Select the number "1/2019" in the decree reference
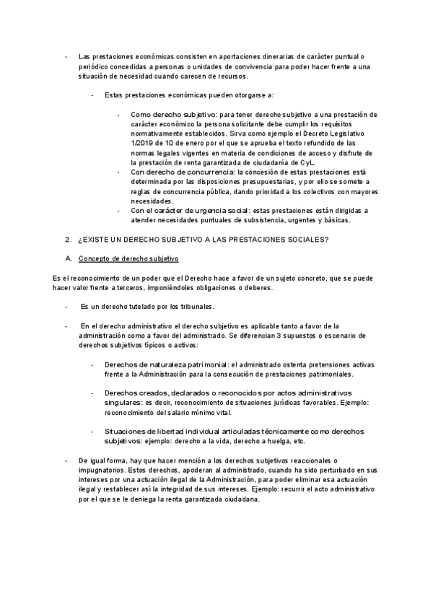click(141, 144)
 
